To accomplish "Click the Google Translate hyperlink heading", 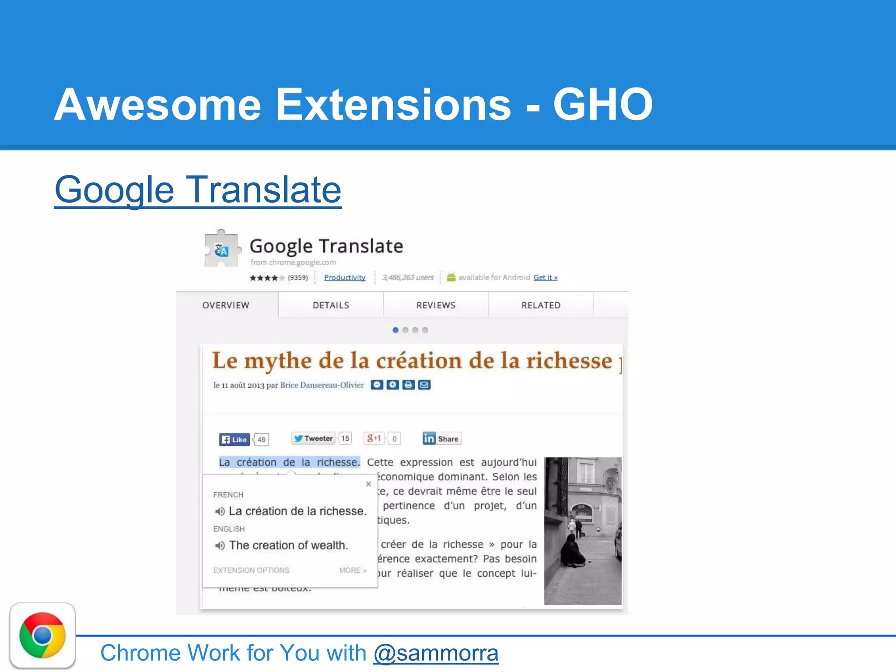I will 198,190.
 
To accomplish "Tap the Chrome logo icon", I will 42,635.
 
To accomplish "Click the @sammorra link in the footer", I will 436,653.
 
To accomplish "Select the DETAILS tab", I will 331,305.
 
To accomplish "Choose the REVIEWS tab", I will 436,305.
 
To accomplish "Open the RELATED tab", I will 541,305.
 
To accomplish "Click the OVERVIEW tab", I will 226,305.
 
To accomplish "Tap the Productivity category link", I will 345,277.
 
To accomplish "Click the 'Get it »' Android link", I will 545,277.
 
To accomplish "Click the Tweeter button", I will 313,438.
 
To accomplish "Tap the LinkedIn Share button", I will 441,438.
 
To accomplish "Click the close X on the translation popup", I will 368,484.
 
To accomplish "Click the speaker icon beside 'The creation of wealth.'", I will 220,546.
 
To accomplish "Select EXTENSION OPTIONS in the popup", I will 251,570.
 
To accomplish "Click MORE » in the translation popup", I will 353,570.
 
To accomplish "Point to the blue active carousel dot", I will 395,330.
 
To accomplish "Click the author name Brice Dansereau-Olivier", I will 322,385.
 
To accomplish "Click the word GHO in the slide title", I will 603,105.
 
